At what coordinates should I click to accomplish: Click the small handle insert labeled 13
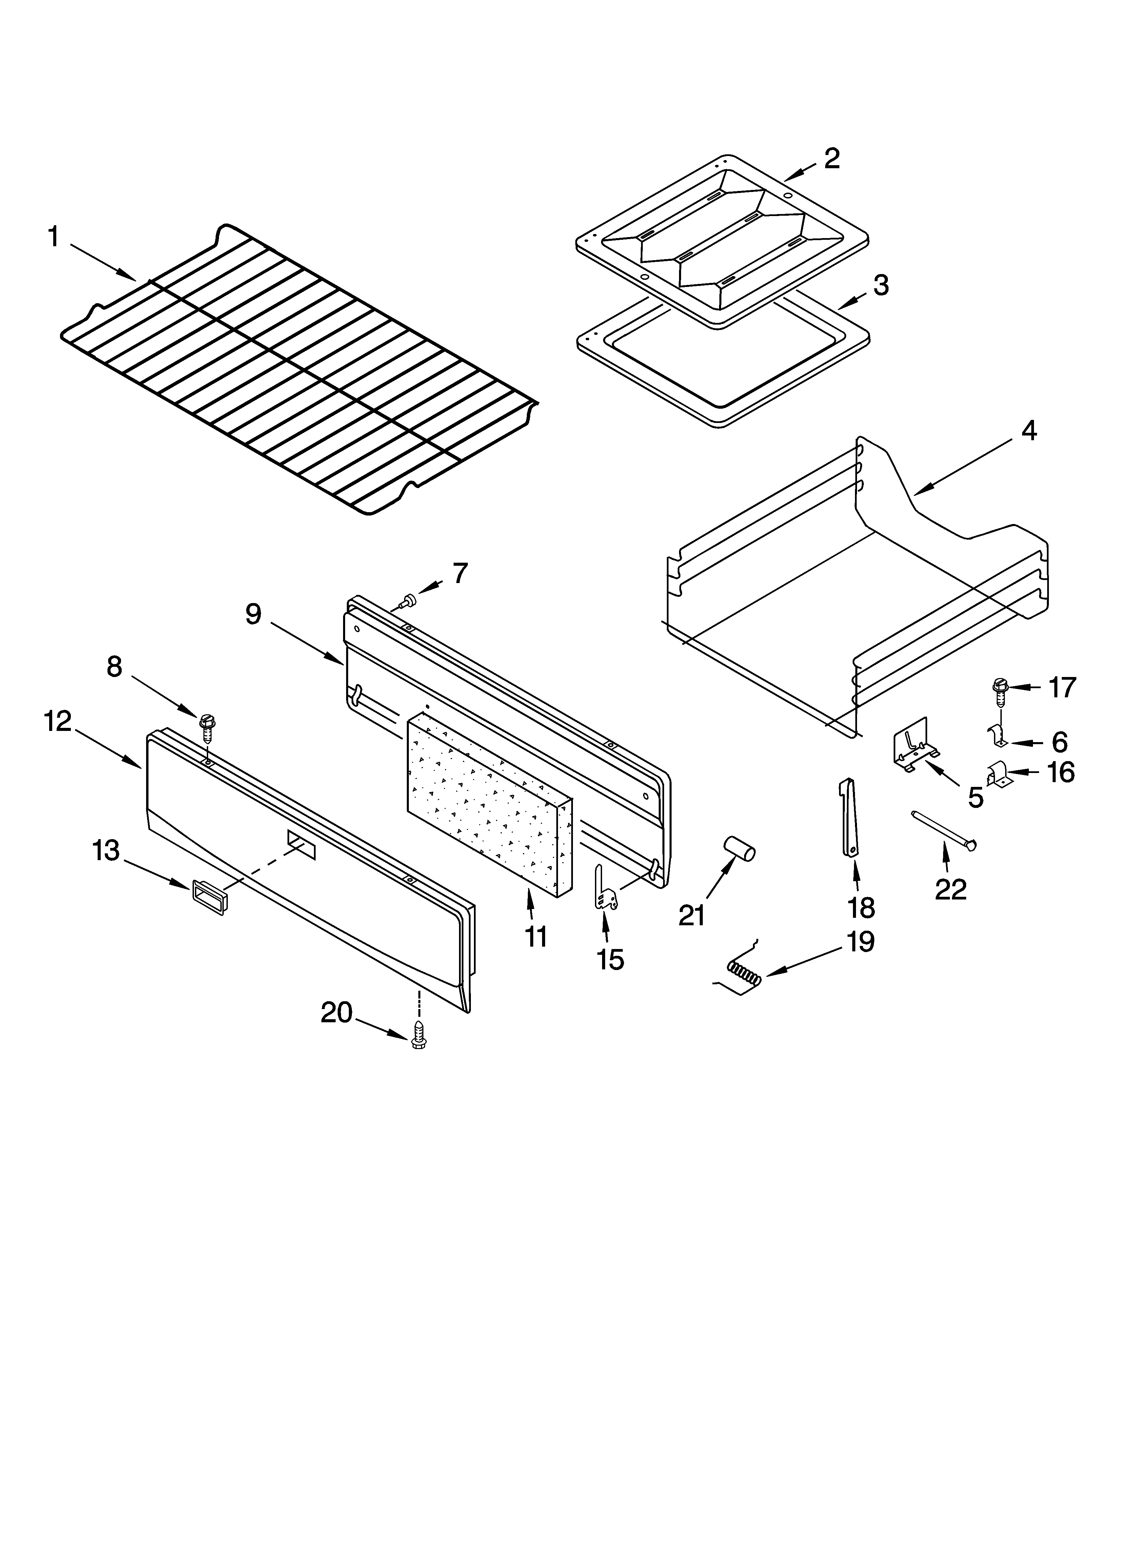208,897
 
